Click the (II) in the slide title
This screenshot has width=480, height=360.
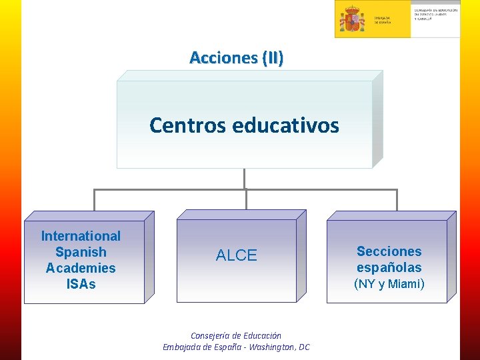(272, 58)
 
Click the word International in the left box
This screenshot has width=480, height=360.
(81, 236)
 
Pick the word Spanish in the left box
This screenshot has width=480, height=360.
(81, 252)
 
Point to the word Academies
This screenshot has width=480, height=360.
(81, 268)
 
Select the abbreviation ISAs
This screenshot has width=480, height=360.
(81, 284)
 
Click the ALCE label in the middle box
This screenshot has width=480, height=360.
(236, 255)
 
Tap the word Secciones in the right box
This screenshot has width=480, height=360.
(389, 251)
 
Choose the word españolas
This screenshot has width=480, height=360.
(389, 267)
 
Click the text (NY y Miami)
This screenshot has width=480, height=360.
(389, 284)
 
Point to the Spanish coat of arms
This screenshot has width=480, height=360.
(351, 19)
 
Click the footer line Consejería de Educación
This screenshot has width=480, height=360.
(236, 336)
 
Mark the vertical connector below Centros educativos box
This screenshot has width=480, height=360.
(245, 179)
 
